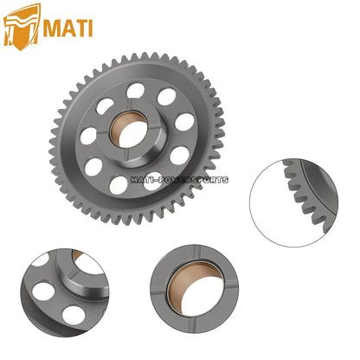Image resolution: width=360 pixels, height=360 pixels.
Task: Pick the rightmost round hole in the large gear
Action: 185,122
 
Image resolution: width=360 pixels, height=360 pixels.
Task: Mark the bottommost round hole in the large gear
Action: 118,184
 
